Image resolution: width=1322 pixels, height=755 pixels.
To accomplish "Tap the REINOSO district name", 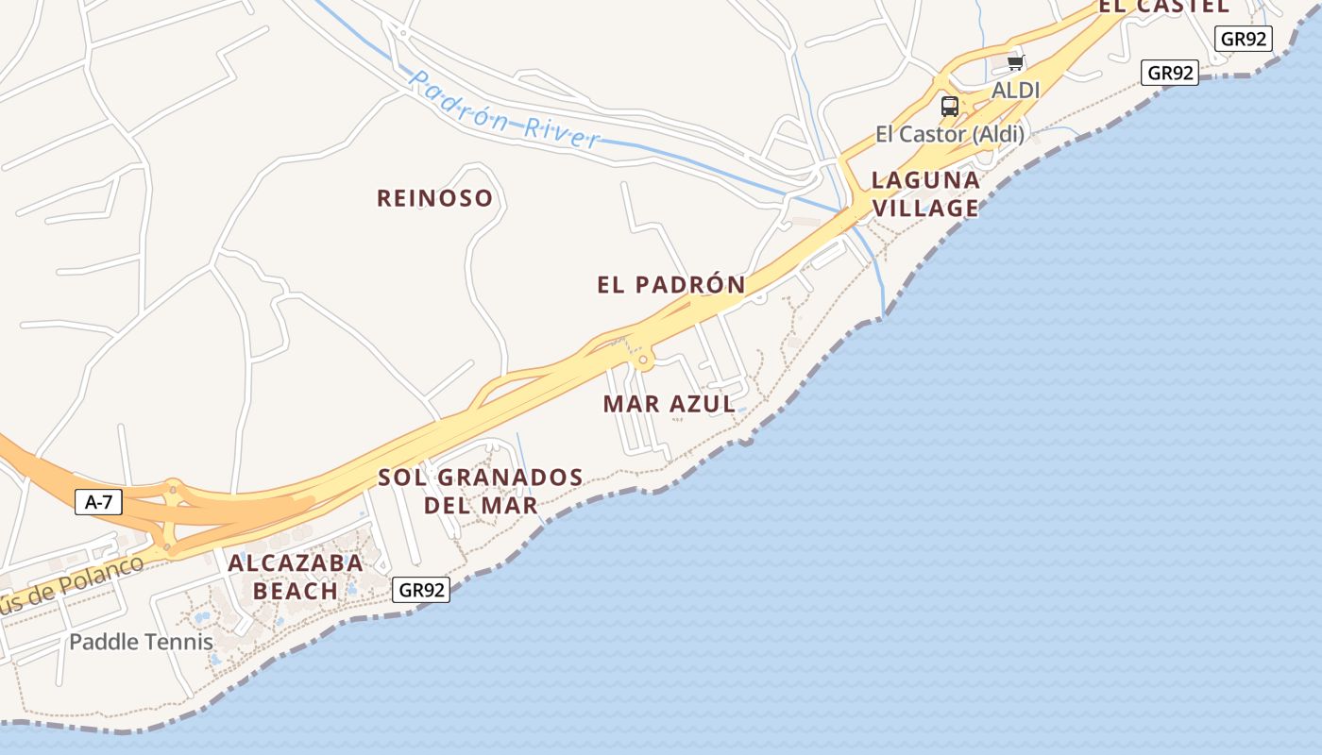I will [434, 198].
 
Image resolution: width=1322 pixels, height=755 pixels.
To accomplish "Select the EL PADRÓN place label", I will [671, 284].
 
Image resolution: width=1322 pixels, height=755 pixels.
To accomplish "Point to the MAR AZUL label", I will [669, 404].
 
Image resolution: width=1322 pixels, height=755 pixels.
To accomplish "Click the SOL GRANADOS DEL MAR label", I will [481, 491].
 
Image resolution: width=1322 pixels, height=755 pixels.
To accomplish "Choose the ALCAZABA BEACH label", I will [295, 577].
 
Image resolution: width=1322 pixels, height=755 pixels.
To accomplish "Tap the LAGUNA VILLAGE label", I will [924, 193].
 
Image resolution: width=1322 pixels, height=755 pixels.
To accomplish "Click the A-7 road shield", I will [98, 502].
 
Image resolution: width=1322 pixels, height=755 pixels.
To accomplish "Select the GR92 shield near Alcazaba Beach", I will [421, 590].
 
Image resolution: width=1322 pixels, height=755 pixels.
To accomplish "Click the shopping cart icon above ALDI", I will [1016, 63].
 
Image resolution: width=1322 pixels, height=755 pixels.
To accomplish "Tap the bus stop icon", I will [950, 107].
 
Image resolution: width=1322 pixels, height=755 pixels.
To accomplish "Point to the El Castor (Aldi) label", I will [949, 134].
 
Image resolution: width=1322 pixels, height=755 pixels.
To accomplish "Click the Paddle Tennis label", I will [141, 642].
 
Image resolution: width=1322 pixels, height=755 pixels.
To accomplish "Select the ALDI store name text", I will [1015, 91].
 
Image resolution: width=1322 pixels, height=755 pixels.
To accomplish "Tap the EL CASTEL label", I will [1163, 6].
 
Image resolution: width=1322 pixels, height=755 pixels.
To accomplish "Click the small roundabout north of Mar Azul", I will [644, 360].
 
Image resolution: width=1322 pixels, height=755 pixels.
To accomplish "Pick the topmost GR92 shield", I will [1245, 39].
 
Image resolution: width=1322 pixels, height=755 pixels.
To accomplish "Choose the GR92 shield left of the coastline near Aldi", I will [1170, 73].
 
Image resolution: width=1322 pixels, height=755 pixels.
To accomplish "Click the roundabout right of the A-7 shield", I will [173, 489].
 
